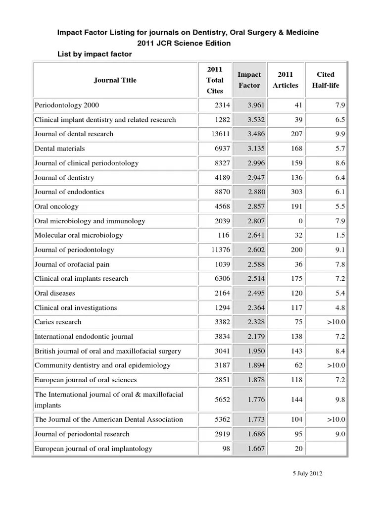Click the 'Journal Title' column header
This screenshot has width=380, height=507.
[x=115, y=80]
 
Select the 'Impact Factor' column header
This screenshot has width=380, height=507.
[x=249, y=80]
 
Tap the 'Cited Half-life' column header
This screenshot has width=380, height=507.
[x=325, y=80]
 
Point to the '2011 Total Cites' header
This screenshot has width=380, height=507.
[x=215, y=80]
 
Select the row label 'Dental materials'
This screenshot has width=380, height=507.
[x=59, y=149]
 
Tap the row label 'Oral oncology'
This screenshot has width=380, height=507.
[x=56, y=206]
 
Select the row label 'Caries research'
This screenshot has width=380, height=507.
[x=58, y=322]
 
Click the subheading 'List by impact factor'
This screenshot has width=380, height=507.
[x=95, y=54]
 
